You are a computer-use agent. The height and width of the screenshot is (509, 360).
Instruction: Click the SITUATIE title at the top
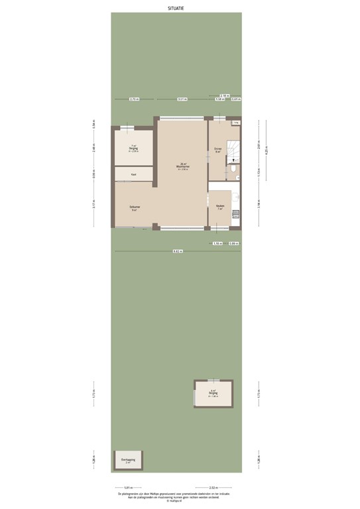176,7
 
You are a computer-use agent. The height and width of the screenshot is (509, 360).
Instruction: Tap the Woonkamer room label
183,166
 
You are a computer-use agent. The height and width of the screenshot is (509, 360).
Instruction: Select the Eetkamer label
135,207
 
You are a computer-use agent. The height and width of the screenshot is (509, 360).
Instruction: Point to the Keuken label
219,206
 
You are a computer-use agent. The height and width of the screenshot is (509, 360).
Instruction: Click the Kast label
133,174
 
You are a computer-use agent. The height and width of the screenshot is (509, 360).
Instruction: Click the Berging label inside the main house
133,148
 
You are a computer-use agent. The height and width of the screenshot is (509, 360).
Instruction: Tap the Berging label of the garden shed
213,393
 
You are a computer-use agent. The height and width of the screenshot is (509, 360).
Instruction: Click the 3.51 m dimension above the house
182,99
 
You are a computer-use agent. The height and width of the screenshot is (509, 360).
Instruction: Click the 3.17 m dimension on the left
94,205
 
